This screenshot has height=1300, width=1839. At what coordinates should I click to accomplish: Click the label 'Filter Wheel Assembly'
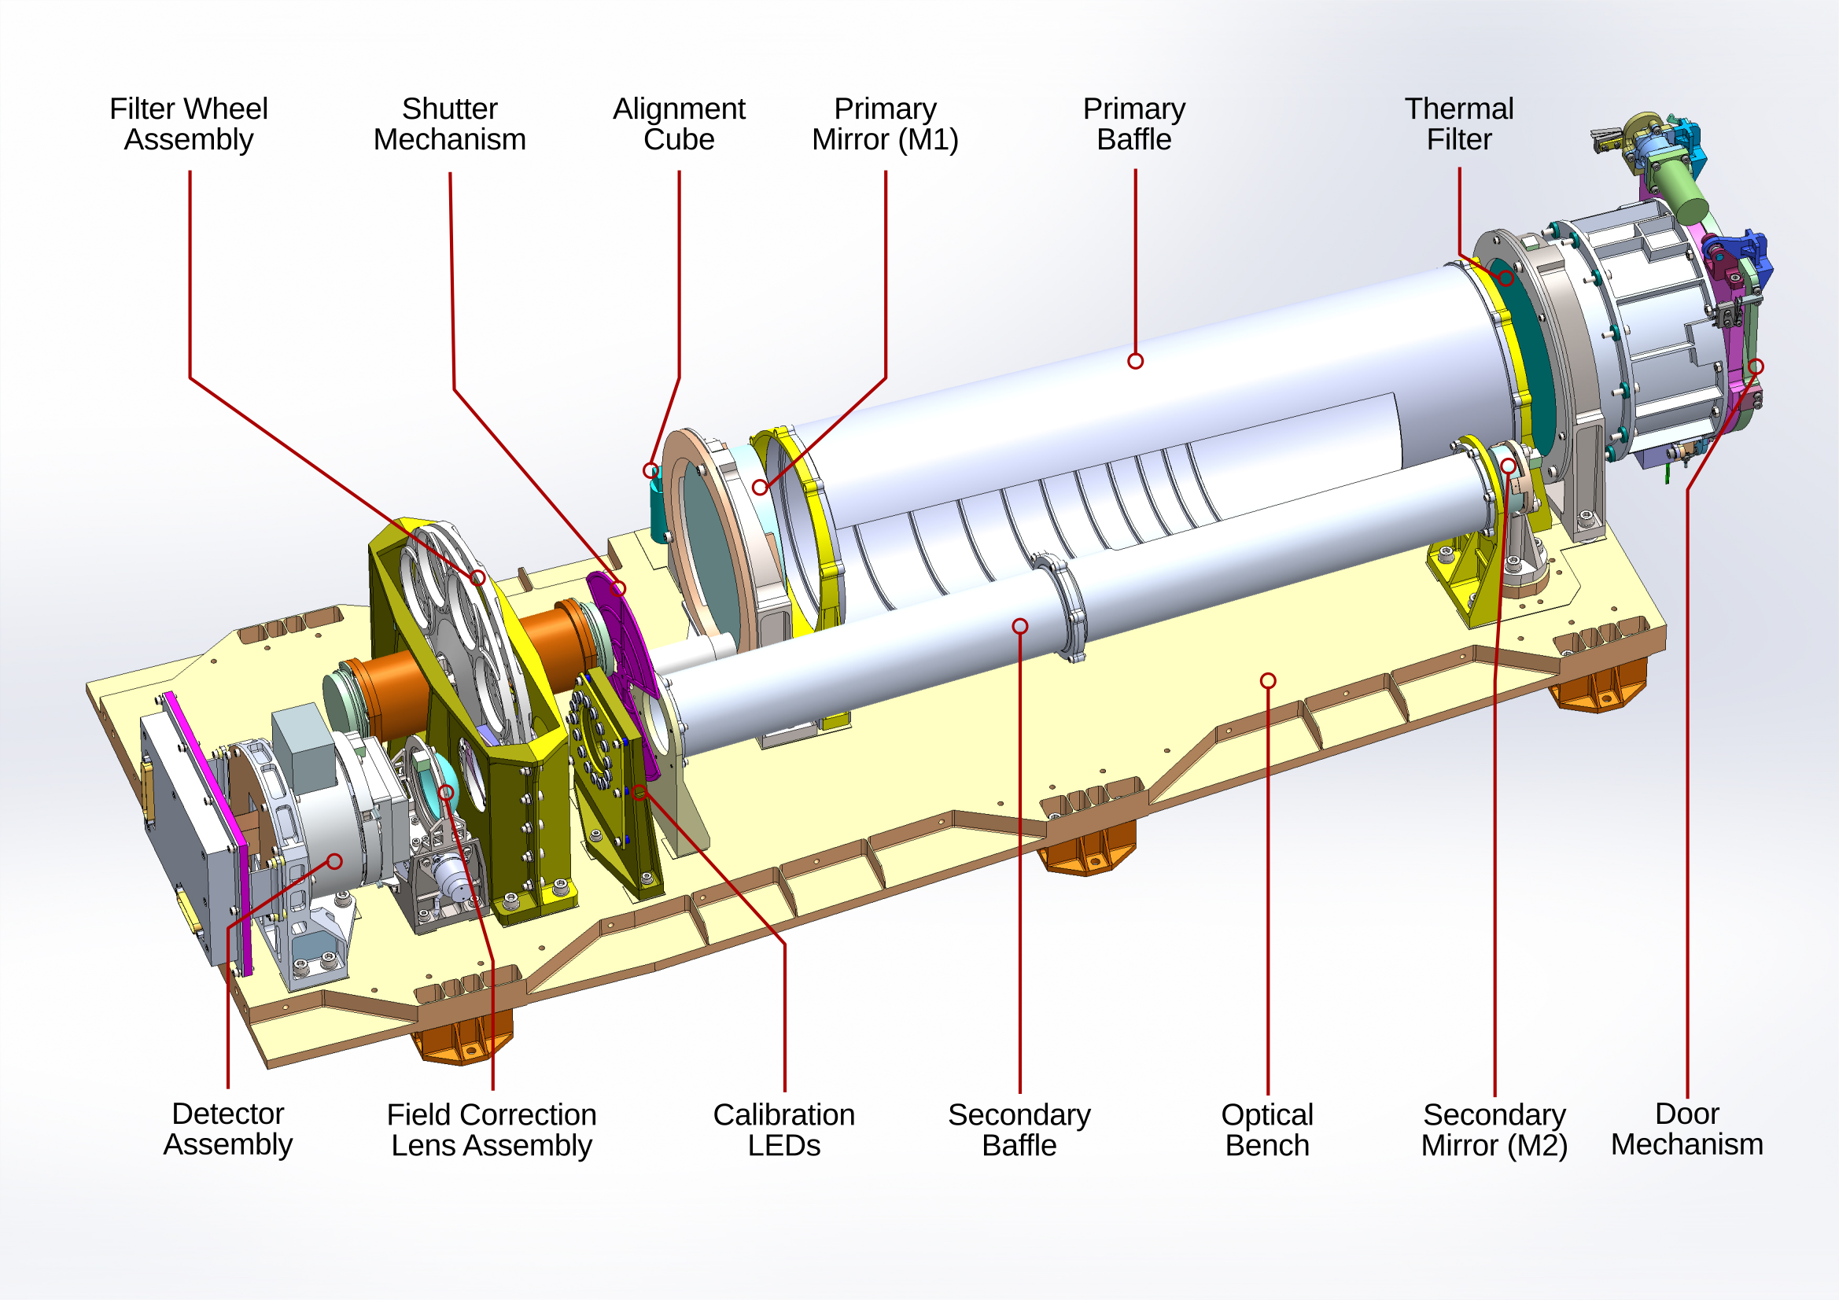[189, 124]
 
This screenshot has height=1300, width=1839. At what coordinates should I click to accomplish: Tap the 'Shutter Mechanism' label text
[449, 124]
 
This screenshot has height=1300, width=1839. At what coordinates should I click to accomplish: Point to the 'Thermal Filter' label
[1458, 124]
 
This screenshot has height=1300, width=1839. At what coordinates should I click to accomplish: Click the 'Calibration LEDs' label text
[783, 1129]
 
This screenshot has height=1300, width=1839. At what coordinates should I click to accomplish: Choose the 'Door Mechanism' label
[1687, 1129]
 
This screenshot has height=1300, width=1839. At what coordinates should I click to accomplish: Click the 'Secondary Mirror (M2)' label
[1494, 1129]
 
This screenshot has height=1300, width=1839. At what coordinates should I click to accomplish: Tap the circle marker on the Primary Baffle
[1135, 361]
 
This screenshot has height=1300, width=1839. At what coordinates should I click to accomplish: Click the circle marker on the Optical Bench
[1268, 681]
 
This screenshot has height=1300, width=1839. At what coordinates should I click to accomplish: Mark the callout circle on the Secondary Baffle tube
[1019, 626]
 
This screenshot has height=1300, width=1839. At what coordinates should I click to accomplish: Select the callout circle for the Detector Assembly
[335, 862]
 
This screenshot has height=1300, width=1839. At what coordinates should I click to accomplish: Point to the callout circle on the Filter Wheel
[477, 577]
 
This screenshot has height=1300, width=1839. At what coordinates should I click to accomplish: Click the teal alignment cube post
[658, 509]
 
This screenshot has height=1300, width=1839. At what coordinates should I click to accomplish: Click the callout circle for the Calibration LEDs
[639, 793]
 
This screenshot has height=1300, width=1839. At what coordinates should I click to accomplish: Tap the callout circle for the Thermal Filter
[1505, 278]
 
